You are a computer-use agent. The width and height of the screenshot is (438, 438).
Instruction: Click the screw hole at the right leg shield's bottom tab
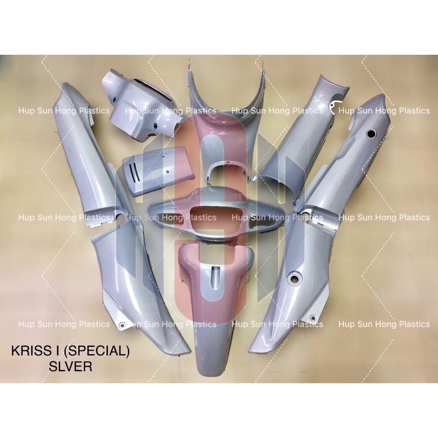coord(313,318)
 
